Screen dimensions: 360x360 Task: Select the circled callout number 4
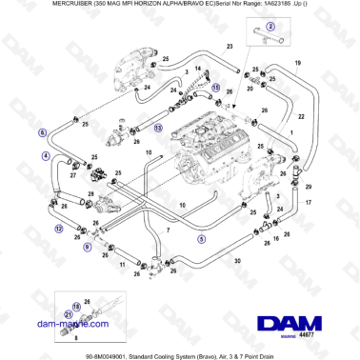pos(44,156)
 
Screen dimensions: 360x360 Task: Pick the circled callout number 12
pos(59,229)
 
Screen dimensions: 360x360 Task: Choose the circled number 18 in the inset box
pos(77,307)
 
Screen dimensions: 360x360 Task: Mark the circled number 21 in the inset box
pos(68,334)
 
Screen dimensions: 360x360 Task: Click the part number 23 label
pos(230,46)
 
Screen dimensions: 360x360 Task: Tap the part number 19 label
pos(297,63)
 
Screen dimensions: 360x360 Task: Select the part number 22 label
pos(302,116)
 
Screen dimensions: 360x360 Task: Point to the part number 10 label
pos(183,206)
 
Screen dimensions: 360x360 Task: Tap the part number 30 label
pos(237,260)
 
